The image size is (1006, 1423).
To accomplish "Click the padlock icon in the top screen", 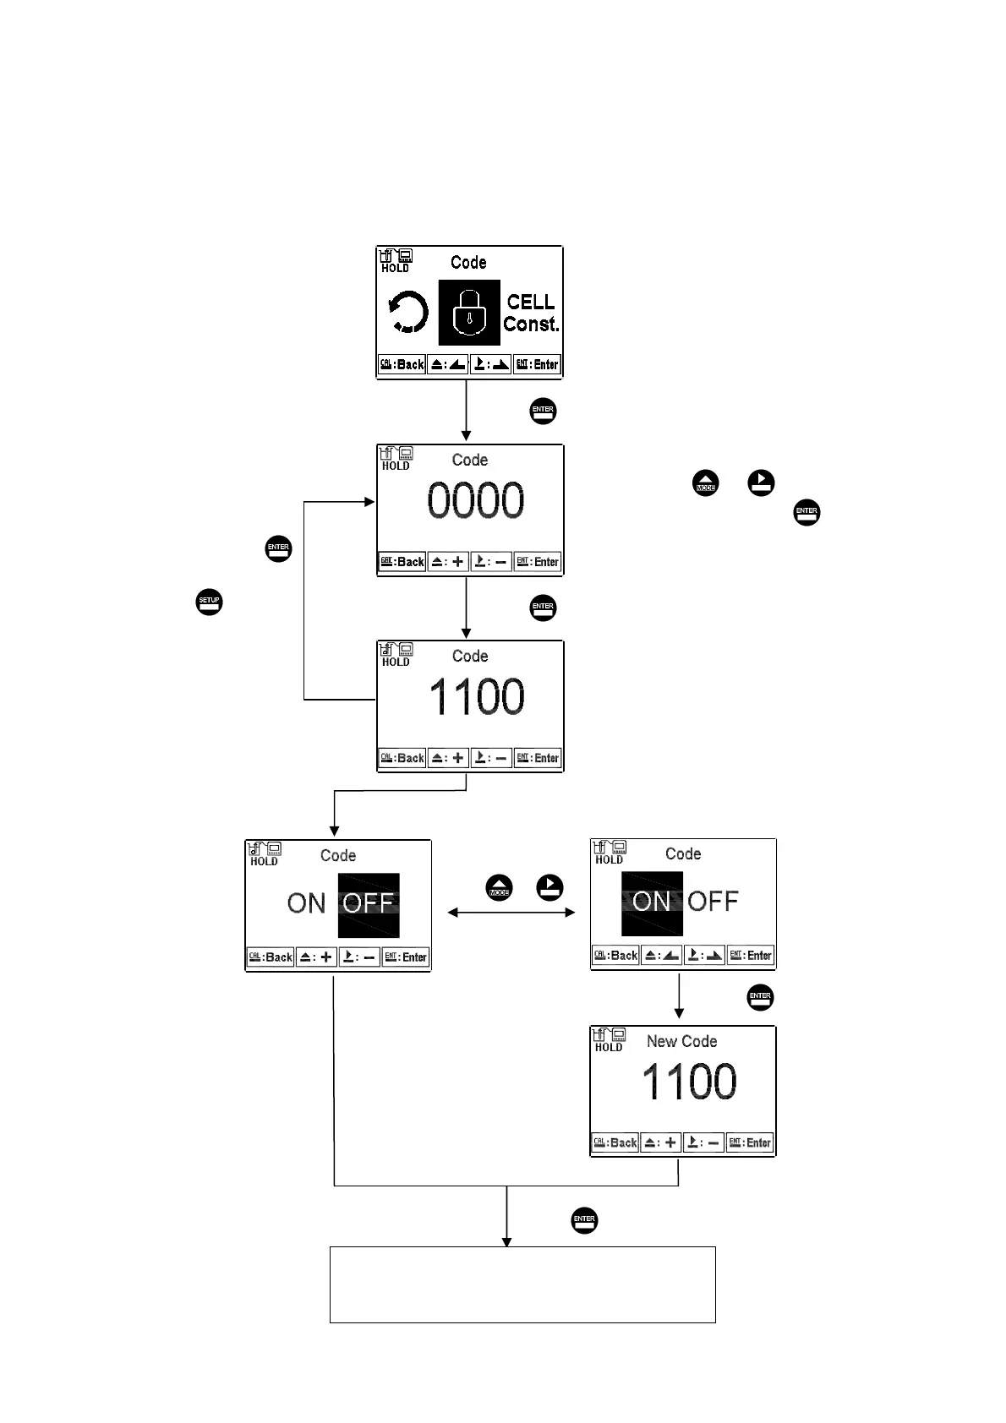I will point(469,313).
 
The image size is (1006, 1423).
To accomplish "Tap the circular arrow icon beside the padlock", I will point(408,313).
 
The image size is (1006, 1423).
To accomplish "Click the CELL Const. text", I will point(531,313).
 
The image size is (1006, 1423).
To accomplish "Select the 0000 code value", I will point(475,500).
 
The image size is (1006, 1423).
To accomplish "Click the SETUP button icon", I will point(209,602).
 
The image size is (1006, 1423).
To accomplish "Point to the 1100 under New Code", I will point(689,1082).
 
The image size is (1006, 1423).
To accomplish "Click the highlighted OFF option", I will point(369,904).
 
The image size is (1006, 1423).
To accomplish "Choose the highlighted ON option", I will point(652,902).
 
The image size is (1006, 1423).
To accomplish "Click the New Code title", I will point(681,1041).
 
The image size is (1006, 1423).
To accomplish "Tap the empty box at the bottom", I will point(522,1284).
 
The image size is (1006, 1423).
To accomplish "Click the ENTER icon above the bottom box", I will point(584,1220).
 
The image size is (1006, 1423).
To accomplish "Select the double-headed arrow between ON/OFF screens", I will point(511,913).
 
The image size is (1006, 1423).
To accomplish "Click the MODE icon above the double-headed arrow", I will point(499,888).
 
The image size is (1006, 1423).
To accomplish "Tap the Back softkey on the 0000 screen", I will point(402,562).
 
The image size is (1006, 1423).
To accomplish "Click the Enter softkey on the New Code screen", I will point(750,1143).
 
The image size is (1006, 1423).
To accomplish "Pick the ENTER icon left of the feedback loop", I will point(278,548).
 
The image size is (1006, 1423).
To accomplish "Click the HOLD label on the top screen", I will point(395,269).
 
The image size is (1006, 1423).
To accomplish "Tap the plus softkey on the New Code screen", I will point(661,1143).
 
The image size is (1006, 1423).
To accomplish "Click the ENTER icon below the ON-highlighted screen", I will point(760,997).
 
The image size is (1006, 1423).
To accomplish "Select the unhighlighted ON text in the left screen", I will point(306,903).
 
